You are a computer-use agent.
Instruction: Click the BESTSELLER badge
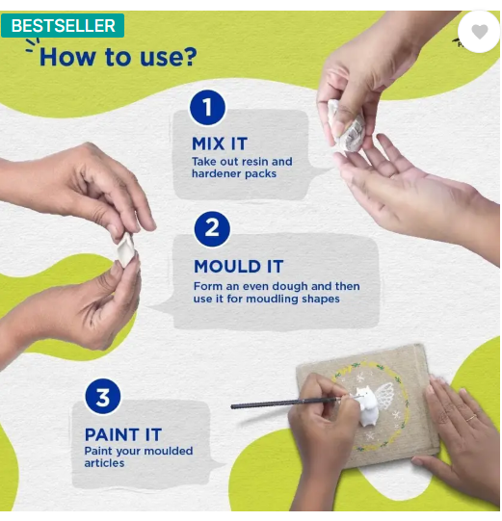tap(63, 26)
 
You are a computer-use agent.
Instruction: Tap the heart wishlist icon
tap(480, 32)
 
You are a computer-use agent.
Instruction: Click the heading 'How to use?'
tap(118, 57)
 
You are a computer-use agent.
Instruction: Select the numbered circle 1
tap(207, 107)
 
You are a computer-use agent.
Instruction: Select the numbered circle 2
tap(212, 229)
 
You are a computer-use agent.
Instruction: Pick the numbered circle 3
tap(103, 397)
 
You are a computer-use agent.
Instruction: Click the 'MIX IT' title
tap(220, 143)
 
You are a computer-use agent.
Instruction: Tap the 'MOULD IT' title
tap(238, 267)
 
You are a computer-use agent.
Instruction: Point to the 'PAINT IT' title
tap(123, 434)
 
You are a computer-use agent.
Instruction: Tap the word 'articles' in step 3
tap(104, 463)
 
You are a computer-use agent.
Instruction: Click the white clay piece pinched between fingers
tap(125, 249)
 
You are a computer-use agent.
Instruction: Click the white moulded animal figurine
tap(367, 406)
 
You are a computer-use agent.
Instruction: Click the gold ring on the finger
tap(471, 418)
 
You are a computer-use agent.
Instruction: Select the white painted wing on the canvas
tap(385, 396)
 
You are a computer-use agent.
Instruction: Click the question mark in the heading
tap(190, 57)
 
